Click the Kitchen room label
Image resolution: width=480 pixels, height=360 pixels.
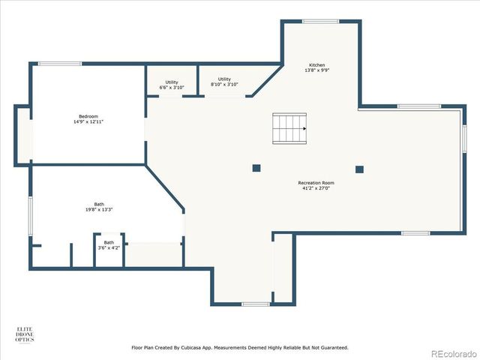[317, 64]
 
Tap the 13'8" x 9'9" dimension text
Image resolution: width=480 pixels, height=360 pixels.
[317, 70]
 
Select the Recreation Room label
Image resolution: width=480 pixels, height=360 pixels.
[316, 182]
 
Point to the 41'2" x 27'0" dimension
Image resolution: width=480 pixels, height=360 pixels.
[316, 188]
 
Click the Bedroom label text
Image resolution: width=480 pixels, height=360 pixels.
[88, 115]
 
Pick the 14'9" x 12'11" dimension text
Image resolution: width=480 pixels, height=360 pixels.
[88, 121]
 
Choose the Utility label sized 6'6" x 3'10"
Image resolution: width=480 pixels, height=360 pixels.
[172, 82]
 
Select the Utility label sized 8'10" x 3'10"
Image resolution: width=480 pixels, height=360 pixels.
[224, 79]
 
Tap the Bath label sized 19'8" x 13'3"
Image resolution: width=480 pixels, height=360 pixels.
[99, 204]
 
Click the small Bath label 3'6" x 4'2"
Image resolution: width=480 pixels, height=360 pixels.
[109, 242]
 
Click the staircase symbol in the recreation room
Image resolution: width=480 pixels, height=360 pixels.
[289, 128]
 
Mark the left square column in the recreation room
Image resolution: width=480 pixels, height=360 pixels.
[256, 168]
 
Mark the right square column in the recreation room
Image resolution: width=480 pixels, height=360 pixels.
[359, 169]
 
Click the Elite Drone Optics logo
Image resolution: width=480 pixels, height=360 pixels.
[25, 334]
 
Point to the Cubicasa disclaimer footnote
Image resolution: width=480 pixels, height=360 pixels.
[240, 347]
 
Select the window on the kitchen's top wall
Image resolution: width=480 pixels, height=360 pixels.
[320, 21]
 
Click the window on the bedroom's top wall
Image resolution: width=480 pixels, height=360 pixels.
[60, 64]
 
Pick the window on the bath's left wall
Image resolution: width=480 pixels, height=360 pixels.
[30, 214]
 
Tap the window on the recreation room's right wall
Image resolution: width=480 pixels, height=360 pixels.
[464, 136]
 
